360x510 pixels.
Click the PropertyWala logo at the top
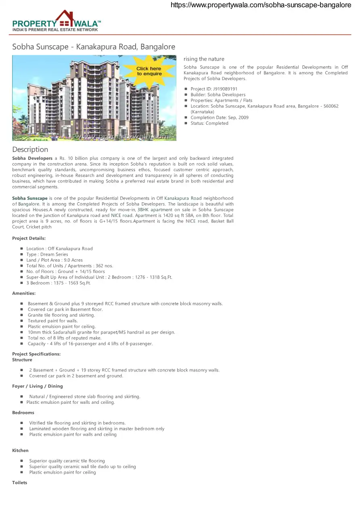[x=57, y=21]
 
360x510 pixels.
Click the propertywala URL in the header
[x=261, y=5]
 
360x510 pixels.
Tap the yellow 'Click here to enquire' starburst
[x=149, y=71]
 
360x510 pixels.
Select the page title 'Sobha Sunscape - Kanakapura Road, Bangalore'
[x=94, y=47]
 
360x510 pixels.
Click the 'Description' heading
[x=30, y=149]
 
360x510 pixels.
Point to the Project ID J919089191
[x=214, y=89]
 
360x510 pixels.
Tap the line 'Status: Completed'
[x=209, y=123]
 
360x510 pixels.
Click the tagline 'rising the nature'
[x=204, y=59]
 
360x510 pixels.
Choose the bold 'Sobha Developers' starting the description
[x=32, y=158]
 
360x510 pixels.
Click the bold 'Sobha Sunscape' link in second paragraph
[x=30, y=198]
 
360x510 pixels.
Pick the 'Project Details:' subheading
[x=29, y=238]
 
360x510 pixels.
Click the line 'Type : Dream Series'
[x=47, y=254]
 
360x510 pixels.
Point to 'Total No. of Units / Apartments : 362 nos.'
[x=69, y=266]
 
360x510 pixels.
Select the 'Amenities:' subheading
[x=24, y=293]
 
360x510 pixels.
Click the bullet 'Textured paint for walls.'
[x=52, y=321]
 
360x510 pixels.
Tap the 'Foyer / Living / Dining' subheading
[x=38, y=386]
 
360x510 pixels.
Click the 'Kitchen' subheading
[x=20, y=450]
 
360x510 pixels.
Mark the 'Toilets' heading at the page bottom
[x=20, y=483]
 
